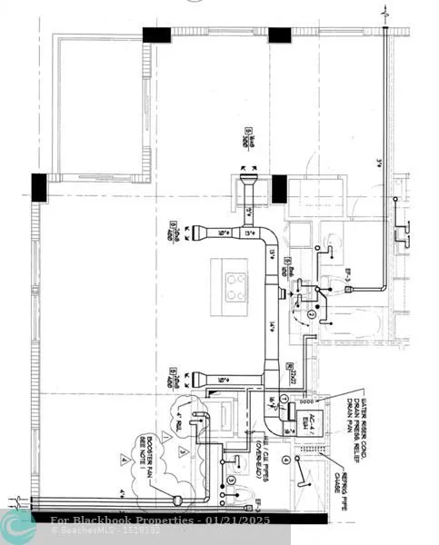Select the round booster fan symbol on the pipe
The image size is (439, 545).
coord(178,499)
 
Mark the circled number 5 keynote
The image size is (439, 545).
coord(231,479)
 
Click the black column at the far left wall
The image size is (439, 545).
coord(39,187)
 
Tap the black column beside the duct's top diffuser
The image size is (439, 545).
coord(278,188)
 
